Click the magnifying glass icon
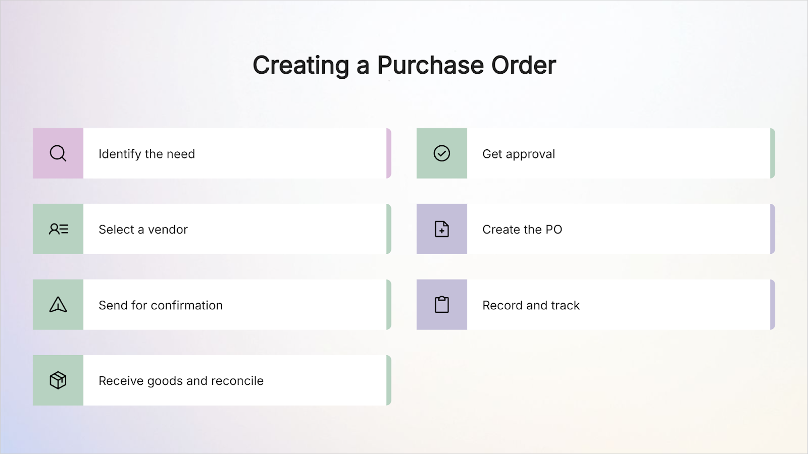coord(58,153)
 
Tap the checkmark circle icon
coord(441,153)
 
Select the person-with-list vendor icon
coord(59,229)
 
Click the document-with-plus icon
coord(441,229)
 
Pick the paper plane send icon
coord(58,305)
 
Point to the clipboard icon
coord(441,305)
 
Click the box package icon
coord(58,380)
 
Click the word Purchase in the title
coord(430,65)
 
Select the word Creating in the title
coord(301,66)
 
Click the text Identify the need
coord(147,154)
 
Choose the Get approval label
coord(519,154)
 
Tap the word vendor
coord(168,230)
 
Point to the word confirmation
coord(186,305)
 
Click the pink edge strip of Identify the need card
coord(389,153)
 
